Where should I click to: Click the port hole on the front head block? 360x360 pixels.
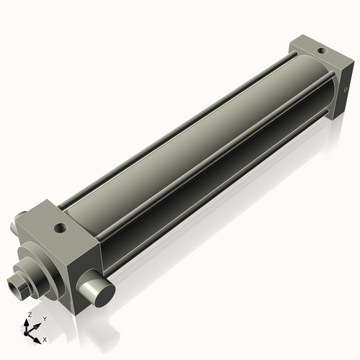point(60,229)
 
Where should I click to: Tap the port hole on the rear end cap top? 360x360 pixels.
point(319,51)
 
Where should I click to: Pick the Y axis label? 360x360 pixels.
point(44,319)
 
